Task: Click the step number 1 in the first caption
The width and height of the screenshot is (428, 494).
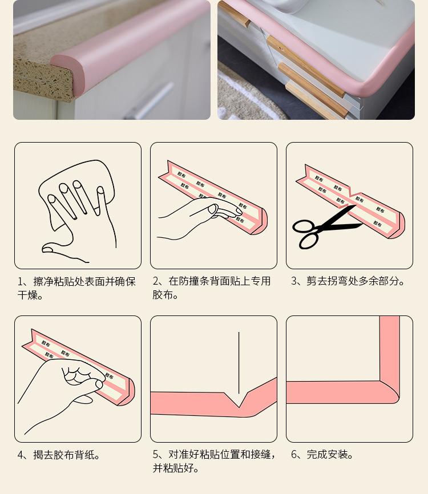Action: click(x=21, y=282)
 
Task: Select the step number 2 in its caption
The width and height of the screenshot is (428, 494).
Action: click(x=156, y=282)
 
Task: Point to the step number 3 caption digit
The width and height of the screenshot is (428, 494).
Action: click(x=294, y=282)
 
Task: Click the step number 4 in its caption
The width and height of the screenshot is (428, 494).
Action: click(x=21, y=455)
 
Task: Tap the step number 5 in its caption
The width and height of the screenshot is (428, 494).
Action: click(x=156, y=455)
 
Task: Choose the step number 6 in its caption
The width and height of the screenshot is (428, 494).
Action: click(x=294, y=455)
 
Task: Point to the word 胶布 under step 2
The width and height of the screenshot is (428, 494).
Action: click(x=162, y=295)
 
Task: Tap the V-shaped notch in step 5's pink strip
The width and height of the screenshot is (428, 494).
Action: click(x=240, y=402)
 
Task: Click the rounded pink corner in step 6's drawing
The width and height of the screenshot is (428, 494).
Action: click(x=391, y=394)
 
